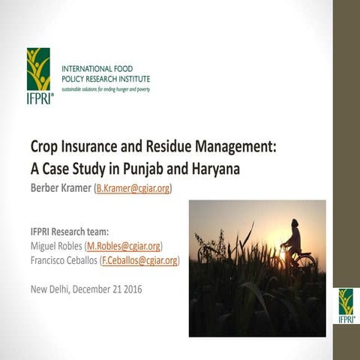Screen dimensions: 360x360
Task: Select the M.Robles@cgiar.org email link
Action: [124, 246]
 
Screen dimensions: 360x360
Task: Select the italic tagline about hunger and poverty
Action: [106, 89]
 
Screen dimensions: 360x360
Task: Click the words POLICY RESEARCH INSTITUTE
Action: [106, 79]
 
